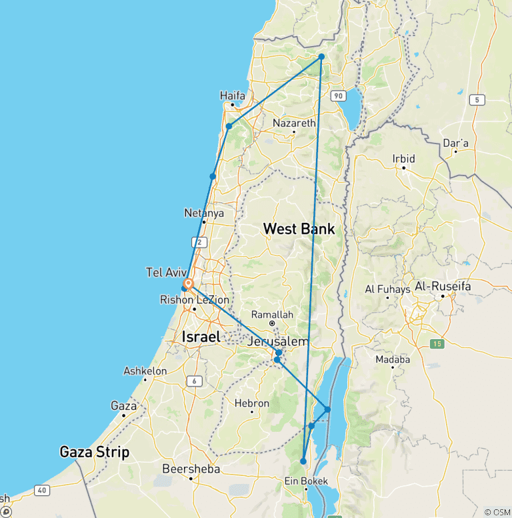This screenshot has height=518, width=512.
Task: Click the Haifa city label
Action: pos(233,96)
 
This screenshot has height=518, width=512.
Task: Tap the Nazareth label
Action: pos(294,123)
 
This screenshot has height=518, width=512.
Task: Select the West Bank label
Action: pos(299,229)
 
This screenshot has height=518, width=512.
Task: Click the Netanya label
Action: pos(204,213)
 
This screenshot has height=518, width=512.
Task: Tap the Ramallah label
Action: pos(271,314)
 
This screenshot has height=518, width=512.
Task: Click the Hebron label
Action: pos(252,403)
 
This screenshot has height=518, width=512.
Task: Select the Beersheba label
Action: pos(191,469)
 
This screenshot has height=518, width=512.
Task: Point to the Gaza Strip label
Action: pos(95,452)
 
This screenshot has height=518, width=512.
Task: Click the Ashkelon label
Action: pos(145,371)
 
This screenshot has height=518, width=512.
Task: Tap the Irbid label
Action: pos(403,159)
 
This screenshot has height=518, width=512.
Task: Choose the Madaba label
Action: pos(394,359)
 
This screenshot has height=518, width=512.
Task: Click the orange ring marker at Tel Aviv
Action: pos(189,284)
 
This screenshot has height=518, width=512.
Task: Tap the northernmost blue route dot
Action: pos(321,57)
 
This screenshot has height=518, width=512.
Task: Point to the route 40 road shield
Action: pos(42,491)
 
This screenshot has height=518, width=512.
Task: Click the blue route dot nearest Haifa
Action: pos(229,126)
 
